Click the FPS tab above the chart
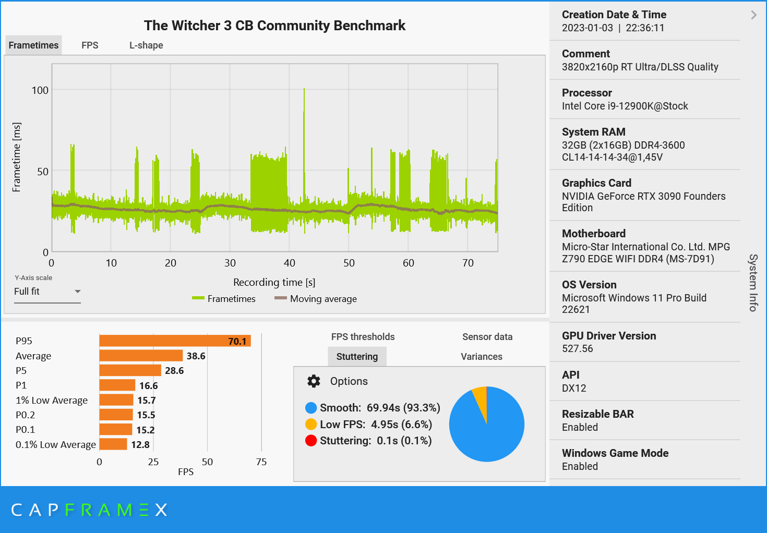click(90, 45)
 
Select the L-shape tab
click(146, 45)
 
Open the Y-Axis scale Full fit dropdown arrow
click(77, 292)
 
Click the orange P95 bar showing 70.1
click(175, 341)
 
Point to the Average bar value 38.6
click(196, 356)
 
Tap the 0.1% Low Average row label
click(55, 445)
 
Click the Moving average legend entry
click(316, 299)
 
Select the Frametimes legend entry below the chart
click(224, 299)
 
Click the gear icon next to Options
click(314, 381)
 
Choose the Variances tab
click(481, 357)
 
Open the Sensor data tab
click(487, 337)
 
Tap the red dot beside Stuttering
click(311, 441)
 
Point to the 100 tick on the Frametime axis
click(40, 90)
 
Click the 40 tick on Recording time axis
click(290, 263)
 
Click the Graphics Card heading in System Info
click(596, 183)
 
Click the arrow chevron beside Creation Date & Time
click(753, 15)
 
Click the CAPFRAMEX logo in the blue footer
click(89, 510)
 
